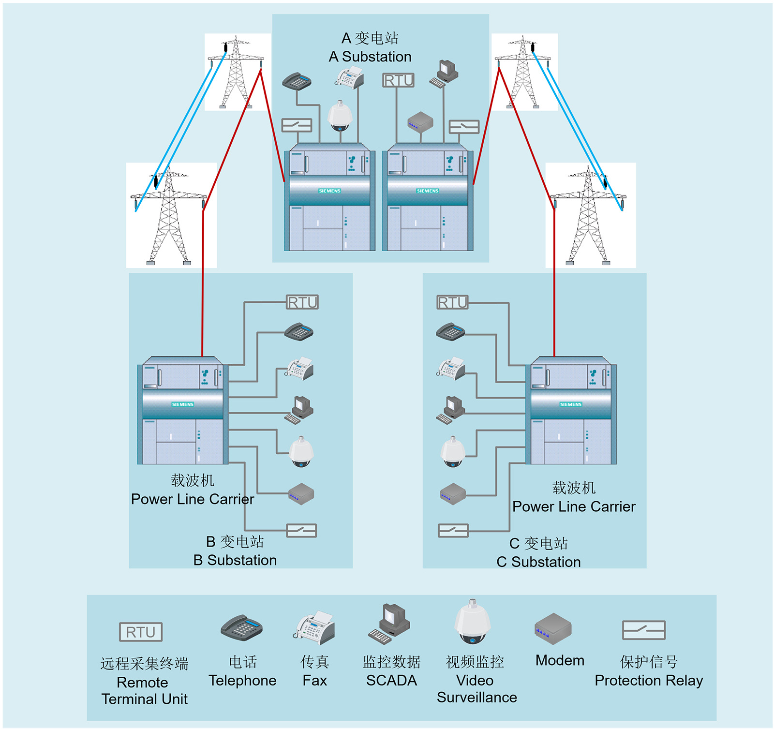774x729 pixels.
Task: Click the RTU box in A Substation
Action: point(398,80)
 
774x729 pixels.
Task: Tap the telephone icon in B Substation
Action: point(299,332)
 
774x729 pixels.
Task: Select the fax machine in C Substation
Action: point(451,369)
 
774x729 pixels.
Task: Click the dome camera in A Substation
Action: point(340,116)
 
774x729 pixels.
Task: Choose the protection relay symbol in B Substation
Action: point(301,531)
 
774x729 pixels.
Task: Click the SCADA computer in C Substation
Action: point(451,410)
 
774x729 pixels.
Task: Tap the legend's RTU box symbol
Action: point(141,632)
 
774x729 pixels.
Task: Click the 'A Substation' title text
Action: point(370,57)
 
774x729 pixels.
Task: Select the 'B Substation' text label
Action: point(235,560)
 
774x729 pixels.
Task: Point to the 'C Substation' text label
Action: point(538,562)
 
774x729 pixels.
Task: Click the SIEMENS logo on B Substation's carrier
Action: point(183,404)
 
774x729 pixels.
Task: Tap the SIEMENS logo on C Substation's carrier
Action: point(571,404)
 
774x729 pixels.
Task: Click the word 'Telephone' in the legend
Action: point(242,681)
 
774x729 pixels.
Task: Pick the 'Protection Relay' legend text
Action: point(649,681)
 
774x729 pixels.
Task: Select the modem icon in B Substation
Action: point(301,494)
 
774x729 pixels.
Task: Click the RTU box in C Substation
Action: point(453,302)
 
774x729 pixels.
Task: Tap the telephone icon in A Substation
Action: point(297,81)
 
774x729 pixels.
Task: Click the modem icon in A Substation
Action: point(420,122)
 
